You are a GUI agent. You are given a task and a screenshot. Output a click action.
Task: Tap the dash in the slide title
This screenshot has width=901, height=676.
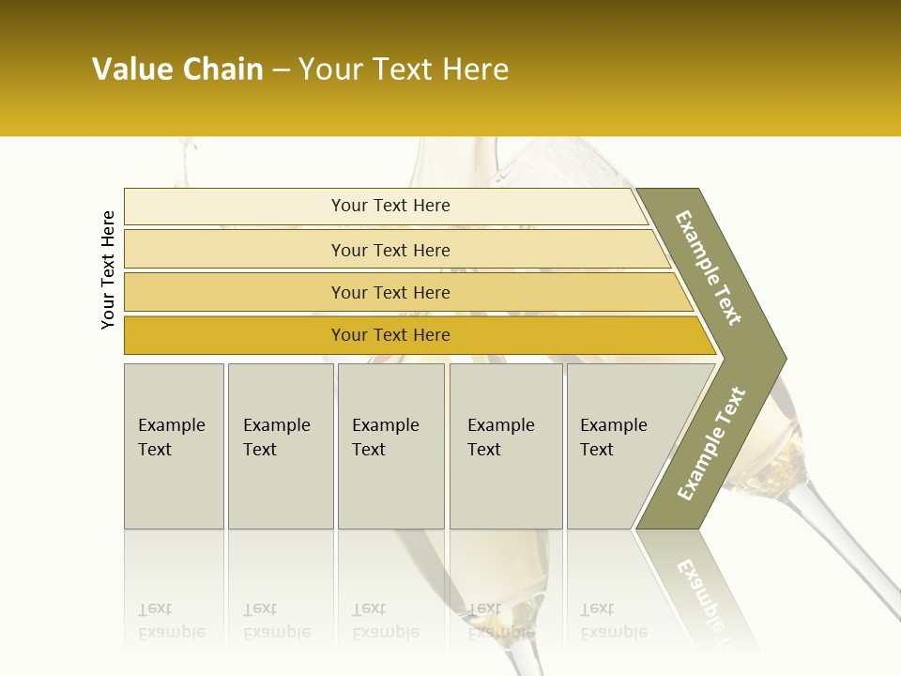pos(281,70)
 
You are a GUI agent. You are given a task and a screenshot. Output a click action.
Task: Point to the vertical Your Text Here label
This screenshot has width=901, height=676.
pos(108,269)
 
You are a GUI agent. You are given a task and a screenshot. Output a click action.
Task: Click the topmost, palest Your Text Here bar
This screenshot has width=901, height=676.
pos(389,206)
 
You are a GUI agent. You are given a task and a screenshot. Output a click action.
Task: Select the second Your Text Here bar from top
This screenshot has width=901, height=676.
pos(389,250)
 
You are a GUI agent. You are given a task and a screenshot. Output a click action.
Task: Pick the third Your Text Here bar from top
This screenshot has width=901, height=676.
pos(389,292)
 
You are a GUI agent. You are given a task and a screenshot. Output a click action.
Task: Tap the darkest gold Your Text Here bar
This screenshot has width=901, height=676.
pos(389,335)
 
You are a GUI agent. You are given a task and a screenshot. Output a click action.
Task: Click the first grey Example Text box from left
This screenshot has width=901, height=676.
pos(174,446)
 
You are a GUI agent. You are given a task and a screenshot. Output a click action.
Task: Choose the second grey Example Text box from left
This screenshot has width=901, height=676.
pos(280,446)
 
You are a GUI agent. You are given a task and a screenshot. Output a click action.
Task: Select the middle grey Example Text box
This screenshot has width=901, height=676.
pos(390,446)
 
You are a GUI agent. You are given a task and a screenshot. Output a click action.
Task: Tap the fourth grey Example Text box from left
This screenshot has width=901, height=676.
pos(506,446)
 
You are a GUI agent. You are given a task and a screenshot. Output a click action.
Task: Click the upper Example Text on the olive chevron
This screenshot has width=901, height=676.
pos(709,268)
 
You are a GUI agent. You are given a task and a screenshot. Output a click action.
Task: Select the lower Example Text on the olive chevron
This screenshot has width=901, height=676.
pos(710,443)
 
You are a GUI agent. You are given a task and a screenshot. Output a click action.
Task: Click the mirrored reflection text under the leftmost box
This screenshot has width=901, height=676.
pos(172,621)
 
